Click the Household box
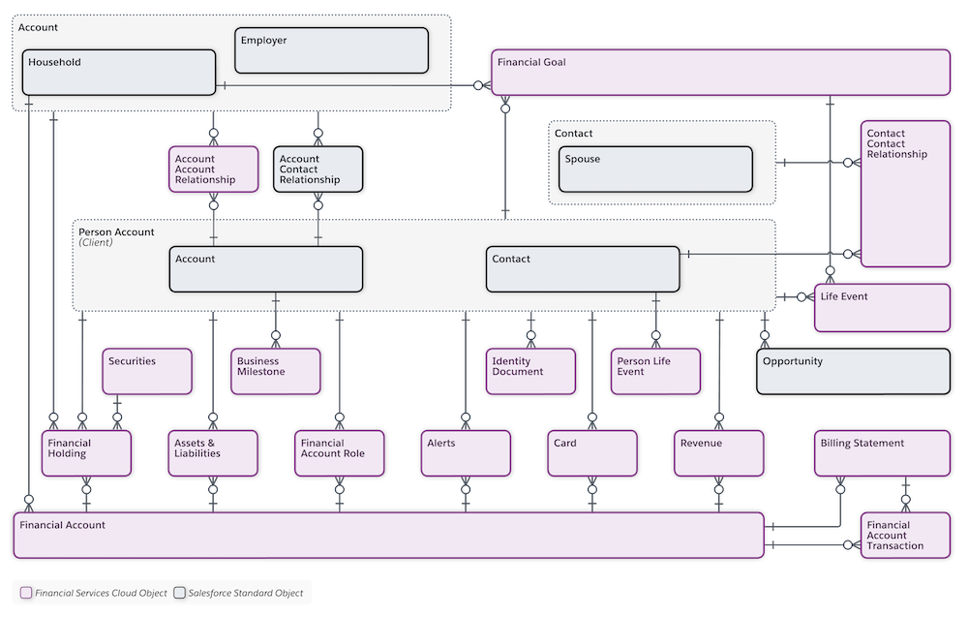point(118,73)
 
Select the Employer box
point(331,50)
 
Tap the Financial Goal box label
point(531,62)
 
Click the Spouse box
point(655,170)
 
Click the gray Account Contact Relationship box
point(318,170)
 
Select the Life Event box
point(881,308)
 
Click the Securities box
point(146,372)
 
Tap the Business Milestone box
point(275,372)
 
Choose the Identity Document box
point(530,372)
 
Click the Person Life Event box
point(655,372)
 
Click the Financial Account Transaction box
point(905,535)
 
